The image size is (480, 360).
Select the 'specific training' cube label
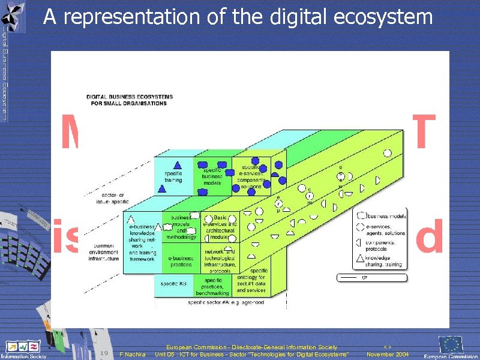(173, 176)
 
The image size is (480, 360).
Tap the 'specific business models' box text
(212, 176)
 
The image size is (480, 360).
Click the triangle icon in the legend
(359, 260)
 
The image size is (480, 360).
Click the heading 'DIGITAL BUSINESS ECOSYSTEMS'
(130, 97)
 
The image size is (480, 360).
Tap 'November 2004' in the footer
(388, 355)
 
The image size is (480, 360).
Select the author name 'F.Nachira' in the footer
(133, 355)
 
